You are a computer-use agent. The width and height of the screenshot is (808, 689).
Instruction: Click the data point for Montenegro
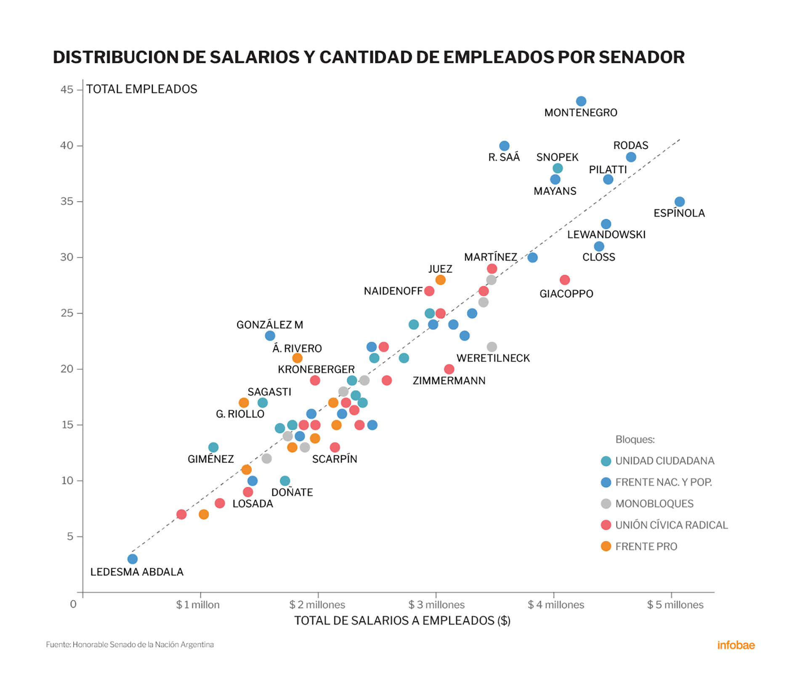pos(581,101)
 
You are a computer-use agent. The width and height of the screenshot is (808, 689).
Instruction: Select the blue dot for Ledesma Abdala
pos(133,559)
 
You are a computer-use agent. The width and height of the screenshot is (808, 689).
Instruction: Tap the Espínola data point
pos(679,202)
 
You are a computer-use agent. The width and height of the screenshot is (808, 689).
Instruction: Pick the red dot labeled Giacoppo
pos(565,280)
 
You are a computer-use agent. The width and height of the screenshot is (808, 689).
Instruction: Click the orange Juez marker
pos(440,280)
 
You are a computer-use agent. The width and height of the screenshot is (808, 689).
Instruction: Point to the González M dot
pos(270,336)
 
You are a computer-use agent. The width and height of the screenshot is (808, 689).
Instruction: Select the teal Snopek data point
pos(558,168)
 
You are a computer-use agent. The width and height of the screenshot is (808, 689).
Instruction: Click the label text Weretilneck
pos(493,358)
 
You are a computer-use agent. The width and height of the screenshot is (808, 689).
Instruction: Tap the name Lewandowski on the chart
pos(606,235)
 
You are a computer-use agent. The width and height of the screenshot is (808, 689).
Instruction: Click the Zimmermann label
pos(449,380)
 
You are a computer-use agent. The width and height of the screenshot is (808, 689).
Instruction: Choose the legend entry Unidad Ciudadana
pos(664,461)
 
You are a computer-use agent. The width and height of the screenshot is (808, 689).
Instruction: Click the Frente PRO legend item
pos(646,547)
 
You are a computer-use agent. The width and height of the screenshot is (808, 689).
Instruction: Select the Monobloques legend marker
pos(606,504)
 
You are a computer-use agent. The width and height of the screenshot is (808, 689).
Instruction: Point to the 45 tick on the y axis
pos(67,90)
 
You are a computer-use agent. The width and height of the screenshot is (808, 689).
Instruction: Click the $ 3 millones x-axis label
pos(436,605)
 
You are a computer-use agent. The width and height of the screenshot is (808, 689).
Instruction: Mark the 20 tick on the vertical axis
pos(67,369)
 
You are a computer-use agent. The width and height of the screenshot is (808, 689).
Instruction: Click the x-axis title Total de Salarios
pos(402,621)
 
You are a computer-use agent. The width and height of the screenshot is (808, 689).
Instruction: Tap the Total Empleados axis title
pos(142,89)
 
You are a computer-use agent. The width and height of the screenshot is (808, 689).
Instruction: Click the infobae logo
pos(736,645)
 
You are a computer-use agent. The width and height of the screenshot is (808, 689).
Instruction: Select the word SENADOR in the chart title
pos(641,57)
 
